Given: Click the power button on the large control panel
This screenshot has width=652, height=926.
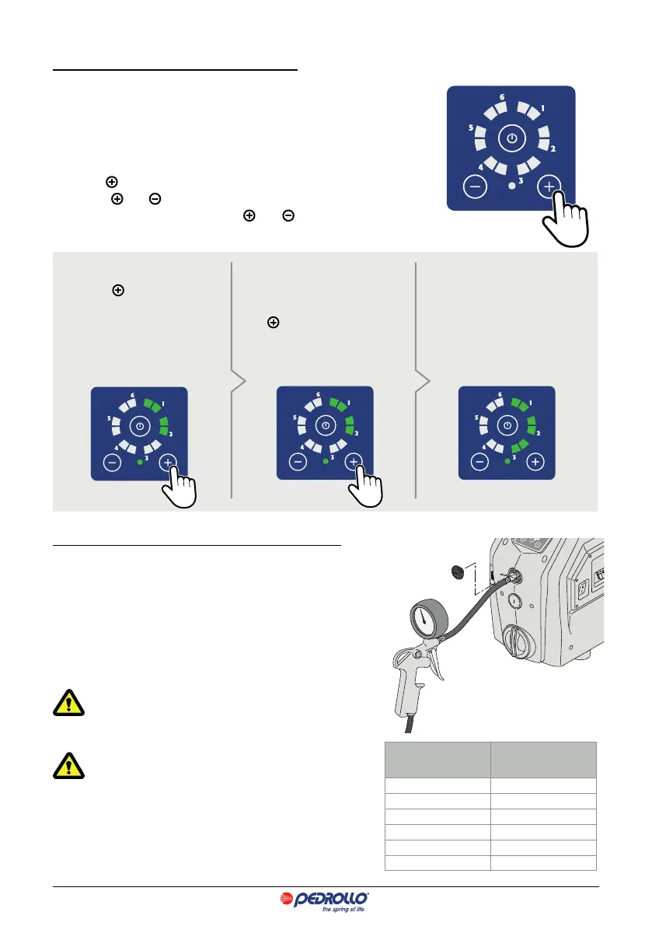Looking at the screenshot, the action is tap(511, 141).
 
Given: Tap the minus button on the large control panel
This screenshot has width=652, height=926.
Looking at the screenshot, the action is tap(476, 187).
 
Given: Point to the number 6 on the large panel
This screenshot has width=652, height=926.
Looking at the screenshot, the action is tap(501, 97).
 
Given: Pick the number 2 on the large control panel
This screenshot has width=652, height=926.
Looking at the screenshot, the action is tap(553, 148).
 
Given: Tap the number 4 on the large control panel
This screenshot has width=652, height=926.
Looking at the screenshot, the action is tap(481, 166).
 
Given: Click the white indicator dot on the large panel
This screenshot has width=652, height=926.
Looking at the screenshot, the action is tap(511, 187).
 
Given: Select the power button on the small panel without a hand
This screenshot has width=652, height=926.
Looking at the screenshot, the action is tap(507, 426).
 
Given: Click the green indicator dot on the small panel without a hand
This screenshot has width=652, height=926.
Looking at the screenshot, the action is tap(507, 462).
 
